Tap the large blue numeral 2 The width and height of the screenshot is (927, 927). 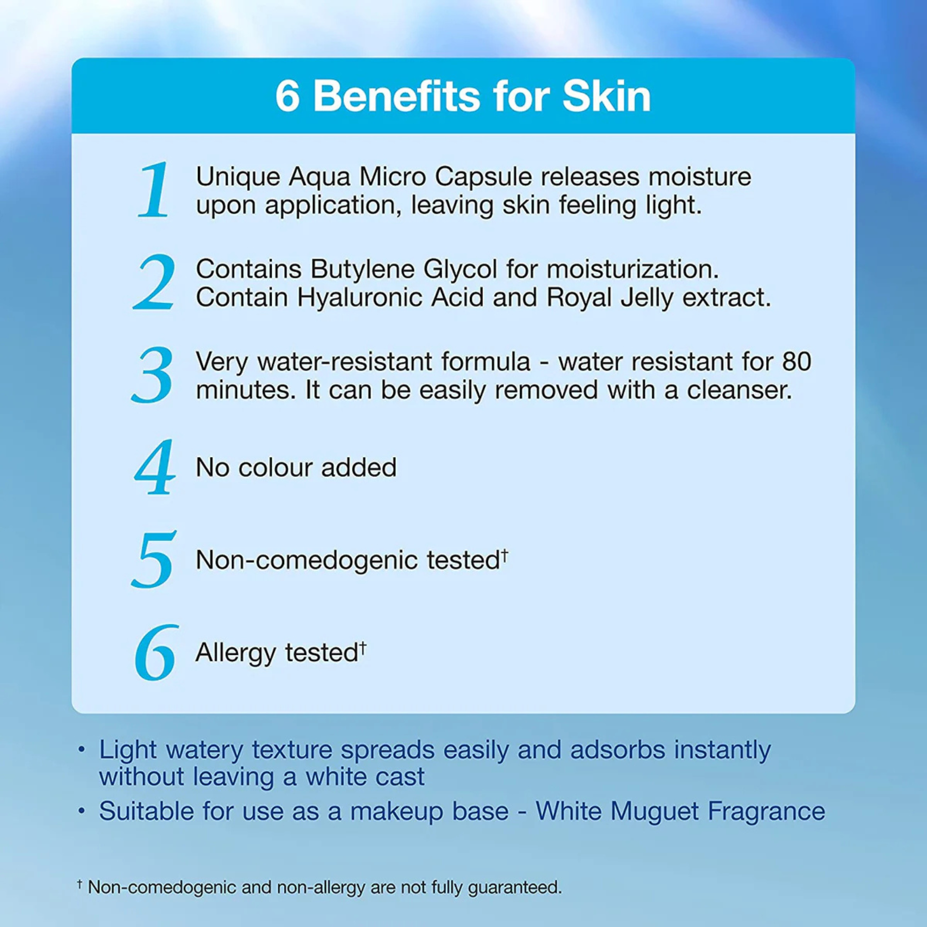pos(154,282)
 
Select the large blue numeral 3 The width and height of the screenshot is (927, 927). pos(152,375)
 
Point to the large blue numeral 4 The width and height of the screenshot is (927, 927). pos(155,467)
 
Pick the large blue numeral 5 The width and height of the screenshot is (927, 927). pos(153,559)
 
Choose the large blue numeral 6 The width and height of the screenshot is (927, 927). pos(156,653)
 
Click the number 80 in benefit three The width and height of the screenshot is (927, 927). pos(796,362)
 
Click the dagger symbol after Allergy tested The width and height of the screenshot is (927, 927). pos(363,648)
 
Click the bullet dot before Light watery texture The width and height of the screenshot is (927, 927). pos(82,750)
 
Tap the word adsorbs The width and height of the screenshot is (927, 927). pos(617,750)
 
